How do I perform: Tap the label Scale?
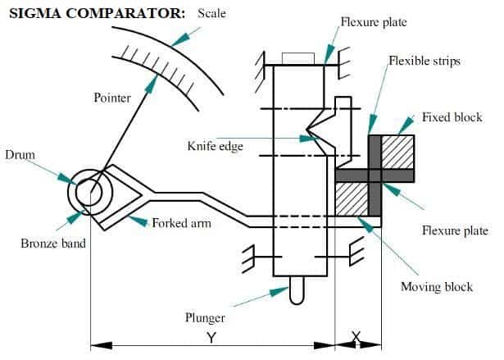(x=212, y=14)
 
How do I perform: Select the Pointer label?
(x=112, y=98)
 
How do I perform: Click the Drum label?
(x=19, y=153)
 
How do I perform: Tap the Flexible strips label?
(x=425, y=62)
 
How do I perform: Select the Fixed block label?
(x=452, y=117)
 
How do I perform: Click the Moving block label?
(x=437, y=286)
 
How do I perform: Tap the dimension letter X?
(x=357, y=337)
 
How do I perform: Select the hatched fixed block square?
(x=399, y=153)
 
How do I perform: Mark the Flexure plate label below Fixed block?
(x=455, y=230)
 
